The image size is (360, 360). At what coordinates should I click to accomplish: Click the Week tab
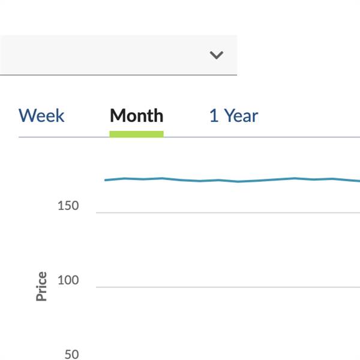41,115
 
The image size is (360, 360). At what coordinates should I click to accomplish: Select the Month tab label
136,115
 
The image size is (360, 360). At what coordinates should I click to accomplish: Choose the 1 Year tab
233,115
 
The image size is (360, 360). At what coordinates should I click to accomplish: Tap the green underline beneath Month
136,134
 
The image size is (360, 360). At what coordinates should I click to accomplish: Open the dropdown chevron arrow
217,55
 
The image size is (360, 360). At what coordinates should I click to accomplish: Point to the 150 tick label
68,206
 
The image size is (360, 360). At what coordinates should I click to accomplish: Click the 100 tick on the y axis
68,280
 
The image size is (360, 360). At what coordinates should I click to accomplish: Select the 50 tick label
71,355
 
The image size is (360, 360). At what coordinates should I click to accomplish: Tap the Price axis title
41,286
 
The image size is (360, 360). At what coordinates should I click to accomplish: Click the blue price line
240,181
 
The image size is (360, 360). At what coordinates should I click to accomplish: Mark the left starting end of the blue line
106,180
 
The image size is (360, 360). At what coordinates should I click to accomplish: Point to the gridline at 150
228,212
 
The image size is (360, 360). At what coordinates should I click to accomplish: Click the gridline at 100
228,287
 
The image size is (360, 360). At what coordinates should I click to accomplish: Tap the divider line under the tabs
240,137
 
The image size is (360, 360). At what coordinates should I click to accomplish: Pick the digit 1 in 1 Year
214,115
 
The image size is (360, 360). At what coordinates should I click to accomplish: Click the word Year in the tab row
241,115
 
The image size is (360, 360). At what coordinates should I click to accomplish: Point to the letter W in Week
26,115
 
